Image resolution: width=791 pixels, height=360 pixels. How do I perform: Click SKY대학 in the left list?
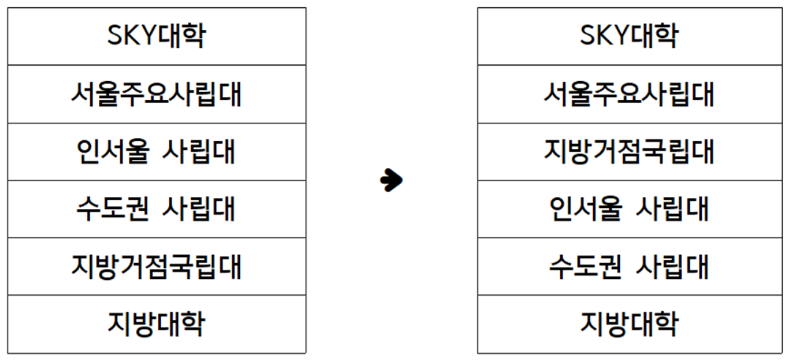[x=156, y=36]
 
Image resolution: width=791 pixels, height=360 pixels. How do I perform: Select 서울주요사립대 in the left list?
[x=156, y=94]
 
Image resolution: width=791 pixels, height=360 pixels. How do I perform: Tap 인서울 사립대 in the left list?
[x=156, y=151]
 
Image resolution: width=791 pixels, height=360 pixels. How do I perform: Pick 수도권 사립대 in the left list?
[x=156, y=208]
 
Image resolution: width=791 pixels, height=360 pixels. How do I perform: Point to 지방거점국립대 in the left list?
[x=156, y=266]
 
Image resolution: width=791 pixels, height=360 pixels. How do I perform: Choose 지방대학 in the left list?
[x=156, y=324]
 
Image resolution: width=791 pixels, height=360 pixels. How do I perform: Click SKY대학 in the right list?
[x=629, y=36]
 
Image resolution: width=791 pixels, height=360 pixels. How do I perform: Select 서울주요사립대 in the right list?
[x=629, y=94]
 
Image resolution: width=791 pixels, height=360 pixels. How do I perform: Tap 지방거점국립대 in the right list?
[x=629, y=151]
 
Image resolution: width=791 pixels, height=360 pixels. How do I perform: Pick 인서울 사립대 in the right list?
[x=629, y=208]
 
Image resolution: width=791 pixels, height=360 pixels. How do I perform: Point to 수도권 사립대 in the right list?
[x=629, y=266]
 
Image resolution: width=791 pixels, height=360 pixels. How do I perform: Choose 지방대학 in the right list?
[x=629, y=324]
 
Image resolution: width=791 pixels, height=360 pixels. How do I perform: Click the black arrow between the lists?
[x=391, y=180]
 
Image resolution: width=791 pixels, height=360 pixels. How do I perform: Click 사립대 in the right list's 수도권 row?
[x=671, y=266]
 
